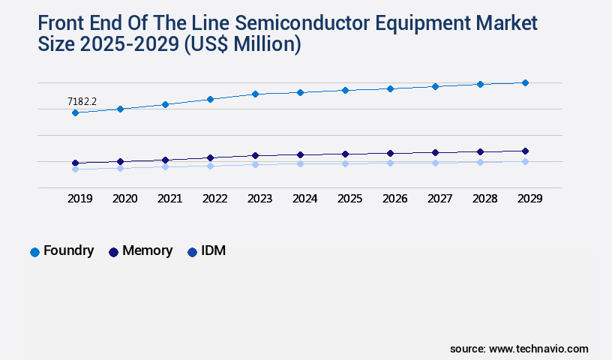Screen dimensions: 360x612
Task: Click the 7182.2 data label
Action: pos(82,100)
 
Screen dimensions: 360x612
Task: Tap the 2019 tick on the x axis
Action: pos(79,199)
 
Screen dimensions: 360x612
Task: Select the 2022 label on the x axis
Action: pos(214,199)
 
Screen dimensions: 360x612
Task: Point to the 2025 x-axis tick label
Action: pos(349,199)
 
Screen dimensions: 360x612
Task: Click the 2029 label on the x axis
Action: pos(529,199)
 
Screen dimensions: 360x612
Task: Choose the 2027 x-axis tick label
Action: pos(439,199)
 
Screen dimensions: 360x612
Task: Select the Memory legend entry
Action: pos(140,251)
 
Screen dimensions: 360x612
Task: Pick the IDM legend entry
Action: pos(206,251)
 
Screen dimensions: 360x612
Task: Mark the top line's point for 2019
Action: pos(75,112)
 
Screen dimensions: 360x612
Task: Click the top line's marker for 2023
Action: pos(255,94)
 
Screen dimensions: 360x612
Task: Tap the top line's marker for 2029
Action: pos(525,82)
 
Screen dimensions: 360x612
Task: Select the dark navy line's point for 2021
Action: pos(165,160)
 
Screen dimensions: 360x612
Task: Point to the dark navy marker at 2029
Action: pos(525,151)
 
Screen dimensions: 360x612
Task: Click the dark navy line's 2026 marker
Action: pos(390,153)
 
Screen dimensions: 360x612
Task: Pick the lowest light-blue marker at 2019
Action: pos(75,169)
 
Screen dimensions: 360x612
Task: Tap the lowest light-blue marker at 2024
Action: pos(300,163)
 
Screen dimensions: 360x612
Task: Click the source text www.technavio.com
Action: pos(538,349)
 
